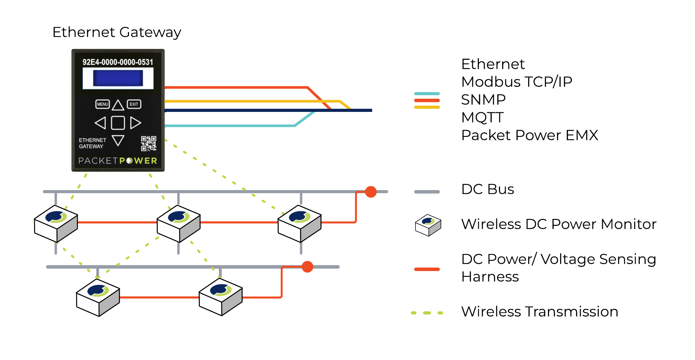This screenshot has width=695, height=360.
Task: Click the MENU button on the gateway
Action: pos(103,104)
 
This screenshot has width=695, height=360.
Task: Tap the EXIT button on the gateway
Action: pos(134,104)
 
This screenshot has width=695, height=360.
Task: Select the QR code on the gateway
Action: pos(149,144)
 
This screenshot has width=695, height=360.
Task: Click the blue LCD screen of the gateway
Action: pos(118,78)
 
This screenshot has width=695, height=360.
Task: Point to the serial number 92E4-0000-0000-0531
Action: pos(117,62)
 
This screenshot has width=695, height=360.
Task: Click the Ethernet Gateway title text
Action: pos(117,32)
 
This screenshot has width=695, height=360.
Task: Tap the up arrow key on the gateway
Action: pos(118,105)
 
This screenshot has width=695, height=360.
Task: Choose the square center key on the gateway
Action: pos(118,123)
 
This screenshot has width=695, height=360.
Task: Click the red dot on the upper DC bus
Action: pos(371,191)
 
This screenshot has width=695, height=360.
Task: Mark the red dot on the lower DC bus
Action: pos(307,267)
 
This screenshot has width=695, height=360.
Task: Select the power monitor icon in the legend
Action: pos(428,225)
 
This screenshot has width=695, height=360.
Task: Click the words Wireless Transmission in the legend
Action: pos(540,312)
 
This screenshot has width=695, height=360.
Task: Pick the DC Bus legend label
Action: pos(488,189)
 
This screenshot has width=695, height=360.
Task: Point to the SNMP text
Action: pos(483,100)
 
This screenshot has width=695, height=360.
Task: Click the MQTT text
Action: pos(482,117)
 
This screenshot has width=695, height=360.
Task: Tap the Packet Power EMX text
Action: pos(530,135)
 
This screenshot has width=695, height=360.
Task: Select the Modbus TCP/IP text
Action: pos(516,82)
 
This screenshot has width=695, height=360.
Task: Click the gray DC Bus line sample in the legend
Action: pos(427,192)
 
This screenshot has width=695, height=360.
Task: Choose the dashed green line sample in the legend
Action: pos(427,313)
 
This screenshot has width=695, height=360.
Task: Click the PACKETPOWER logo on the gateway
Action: pos(118,161)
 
